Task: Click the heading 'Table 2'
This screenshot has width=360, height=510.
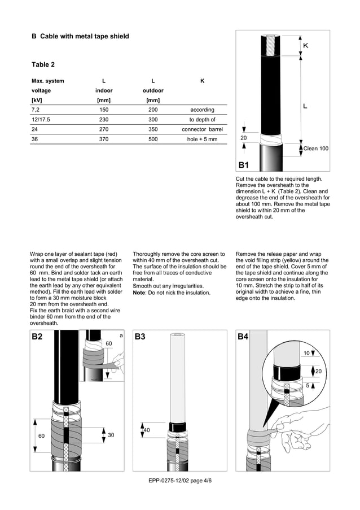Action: click(43, 64)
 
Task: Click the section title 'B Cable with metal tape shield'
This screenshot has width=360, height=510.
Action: click(80, 36)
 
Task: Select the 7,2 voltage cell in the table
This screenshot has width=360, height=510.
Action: click(36, 110)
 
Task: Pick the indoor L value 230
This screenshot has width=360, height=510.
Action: click(104, 119)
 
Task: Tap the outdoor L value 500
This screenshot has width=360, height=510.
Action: click(153, 139)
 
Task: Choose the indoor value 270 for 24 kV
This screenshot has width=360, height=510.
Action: click(104, 129)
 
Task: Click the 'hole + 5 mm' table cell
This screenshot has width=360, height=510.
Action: click(202, 139)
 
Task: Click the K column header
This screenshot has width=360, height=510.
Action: click(202, 81)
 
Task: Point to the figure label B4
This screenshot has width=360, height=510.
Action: click(243, 337)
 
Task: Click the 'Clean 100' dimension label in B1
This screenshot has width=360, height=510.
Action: click(316, 149)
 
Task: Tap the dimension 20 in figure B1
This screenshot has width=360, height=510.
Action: click(244, 138)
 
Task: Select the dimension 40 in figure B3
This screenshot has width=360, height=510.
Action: click(146, 430)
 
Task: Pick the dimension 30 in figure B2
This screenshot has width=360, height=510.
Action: click(111, 435)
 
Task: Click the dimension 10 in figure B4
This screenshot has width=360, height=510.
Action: click(306, 353)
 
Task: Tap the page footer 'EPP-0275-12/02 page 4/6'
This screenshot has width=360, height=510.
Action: click(180, 480)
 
